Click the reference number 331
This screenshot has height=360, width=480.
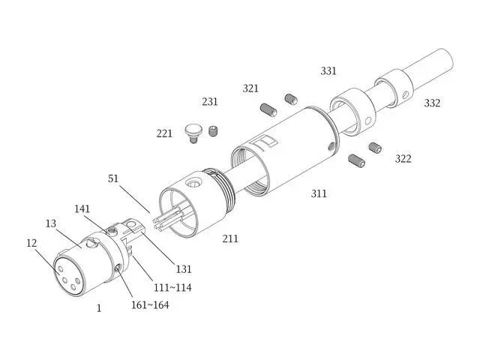coord(328,71)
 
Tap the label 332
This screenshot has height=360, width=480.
coord(432,103)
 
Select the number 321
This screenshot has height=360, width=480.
coord(250,88)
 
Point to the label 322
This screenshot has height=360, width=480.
coord(403,158)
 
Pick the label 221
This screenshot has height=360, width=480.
coord(165,133)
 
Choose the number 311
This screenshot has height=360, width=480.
coord(319,193)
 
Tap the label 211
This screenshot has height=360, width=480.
coord(230,238)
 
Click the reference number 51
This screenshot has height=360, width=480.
coord(113,179)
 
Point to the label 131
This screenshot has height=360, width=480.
coord(184,268)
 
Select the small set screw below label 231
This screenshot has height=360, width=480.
coord(214,132)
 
